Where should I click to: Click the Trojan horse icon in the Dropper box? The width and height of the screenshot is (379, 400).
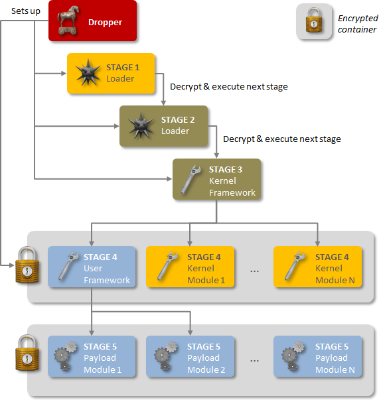pos(68,21)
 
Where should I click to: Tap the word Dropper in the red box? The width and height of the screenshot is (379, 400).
pos(105,23)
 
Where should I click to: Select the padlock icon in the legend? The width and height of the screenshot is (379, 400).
pos(314,21)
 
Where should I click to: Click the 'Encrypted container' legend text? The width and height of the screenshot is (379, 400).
pos(358,24)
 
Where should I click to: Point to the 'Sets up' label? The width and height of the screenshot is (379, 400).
pos(25,11)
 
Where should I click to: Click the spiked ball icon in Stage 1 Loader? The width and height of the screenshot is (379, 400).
pos(88,72)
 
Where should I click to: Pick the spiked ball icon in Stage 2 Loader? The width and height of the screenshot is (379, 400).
pos(140,125)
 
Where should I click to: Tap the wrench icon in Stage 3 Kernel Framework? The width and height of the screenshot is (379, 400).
pos(190,179)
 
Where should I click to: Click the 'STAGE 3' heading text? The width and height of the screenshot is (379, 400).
pos(226,170)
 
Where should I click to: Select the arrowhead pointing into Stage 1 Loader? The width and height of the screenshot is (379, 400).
pos(64,74)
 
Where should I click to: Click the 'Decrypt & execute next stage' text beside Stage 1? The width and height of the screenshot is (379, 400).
pos(229,87)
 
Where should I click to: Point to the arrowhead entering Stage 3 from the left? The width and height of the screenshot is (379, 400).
pos(169,179)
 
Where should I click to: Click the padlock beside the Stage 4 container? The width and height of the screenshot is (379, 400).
pos(27,265)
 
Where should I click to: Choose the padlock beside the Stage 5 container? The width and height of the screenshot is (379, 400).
pos(27,353)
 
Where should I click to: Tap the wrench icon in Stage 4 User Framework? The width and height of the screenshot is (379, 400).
pos(68,266)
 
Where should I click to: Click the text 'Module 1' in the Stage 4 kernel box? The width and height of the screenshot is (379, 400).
pos(206,281)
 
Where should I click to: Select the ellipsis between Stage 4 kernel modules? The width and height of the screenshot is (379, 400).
pos(254,271)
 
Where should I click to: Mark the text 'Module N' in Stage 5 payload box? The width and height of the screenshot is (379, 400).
pos(335,370)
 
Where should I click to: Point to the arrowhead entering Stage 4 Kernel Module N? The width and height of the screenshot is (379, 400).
pos(317,243)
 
